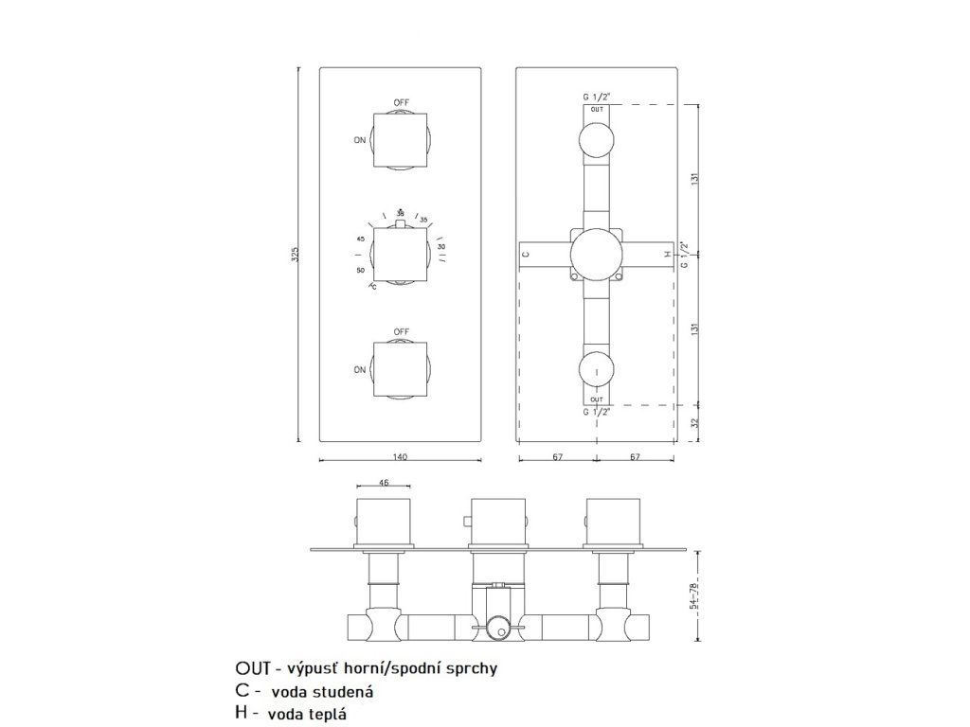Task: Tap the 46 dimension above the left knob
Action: [x=384, y=483]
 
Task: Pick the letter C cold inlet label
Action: [x=527, y=255]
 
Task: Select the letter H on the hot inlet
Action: [x=667, y=255]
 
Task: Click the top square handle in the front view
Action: [x=401, y=140]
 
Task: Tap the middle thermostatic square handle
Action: [x=401, y=256]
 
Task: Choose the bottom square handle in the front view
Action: [x=401, y=370]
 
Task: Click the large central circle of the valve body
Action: [x=596, y=255]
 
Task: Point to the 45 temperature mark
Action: [x=361, y=239]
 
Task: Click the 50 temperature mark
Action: [x=361, y=271]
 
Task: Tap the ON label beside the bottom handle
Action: [x=360, y=370]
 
